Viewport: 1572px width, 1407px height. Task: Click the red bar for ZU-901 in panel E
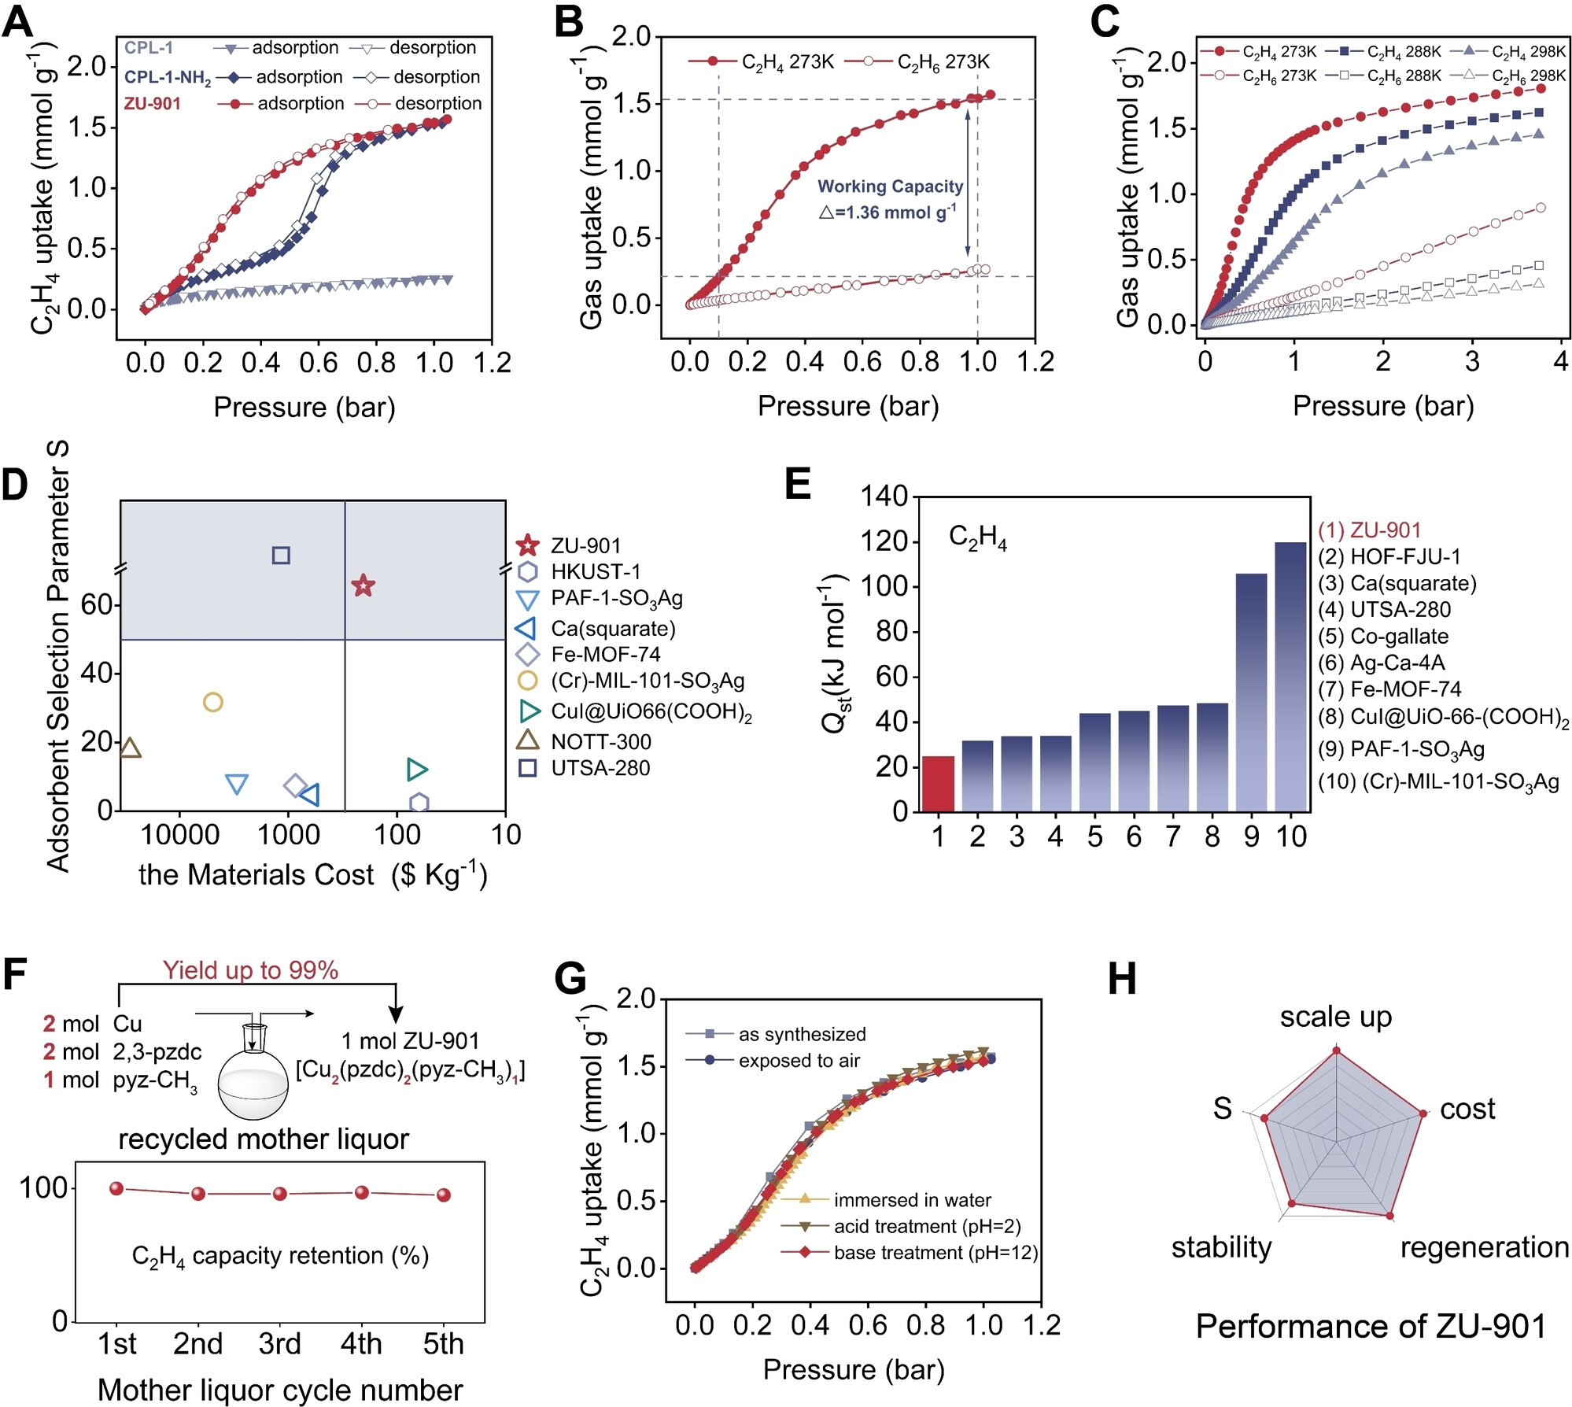pyautogui.click(x=937, y=783)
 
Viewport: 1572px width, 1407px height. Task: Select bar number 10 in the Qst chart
pyautogui.click(x=1290, y=677)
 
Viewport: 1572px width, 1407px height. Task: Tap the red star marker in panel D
pyautogui.click(x=363, y=585)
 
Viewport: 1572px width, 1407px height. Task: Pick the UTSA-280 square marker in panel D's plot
pyautogui.click(x=281, y=556)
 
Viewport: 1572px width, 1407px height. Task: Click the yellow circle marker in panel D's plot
pyautogui.click(x=212, y=702)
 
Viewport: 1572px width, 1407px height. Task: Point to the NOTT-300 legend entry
pyautogui.click(x=600, y=741)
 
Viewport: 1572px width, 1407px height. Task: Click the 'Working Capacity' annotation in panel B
pyautogui.click(x=890, y=186)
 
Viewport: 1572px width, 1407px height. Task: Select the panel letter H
pyautogui.click(x=1122, y=980)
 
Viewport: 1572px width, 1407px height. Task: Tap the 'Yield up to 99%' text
pyautogui.click(x=250, y=970)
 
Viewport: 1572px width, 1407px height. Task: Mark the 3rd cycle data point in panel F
pyautogui.click(x=280, y=1194)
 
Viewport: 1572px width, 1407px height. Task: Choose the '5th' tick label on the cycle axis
pyautogui.click(x=443, y=1343)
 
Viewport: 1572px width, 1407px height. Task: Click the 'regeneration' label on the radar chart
pyautogui.click(x=1484, y=1247)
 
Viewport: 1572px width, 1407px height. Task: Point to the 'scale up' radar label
pyautogui.click(x=1335, y=1017)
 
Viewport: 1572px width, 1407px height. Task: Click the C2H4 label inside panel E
pyautogui.click(x=977, y=537)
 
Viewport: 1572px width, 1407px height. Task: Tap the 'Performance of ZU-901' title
pyautogui.click(x=1371, y=1327)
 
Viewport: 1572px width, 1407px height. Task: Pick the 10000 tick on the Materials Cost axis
pyautogui.click(x=179, y=835)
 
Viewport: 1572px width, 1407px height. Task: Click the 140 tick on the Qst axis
pyautogui.click(x=884, y=497)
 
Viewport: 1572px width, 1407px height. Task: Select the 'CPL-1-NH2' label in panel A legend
pyautogui.click(x=168, y=78)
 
